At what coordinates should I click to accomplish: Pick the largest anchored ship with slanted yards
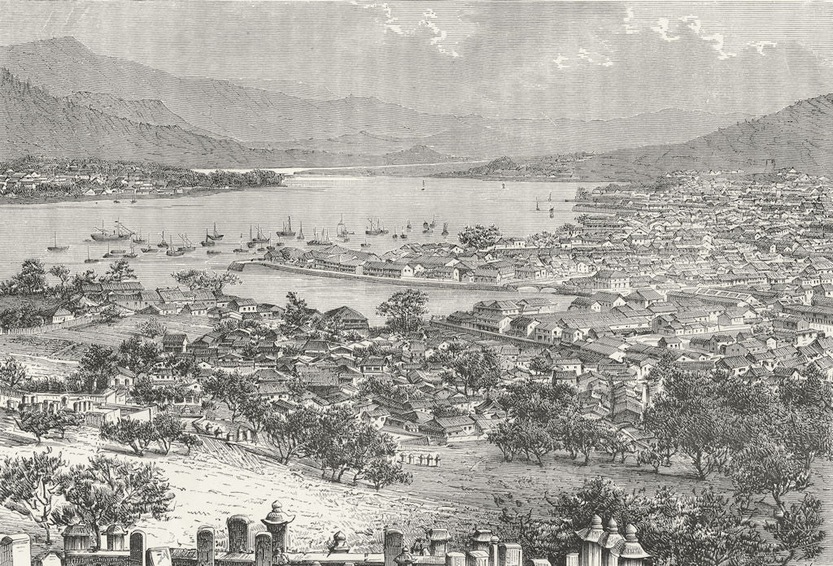(x=111, y=233)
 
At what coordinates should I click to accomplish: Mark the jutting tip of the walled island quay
(x=236, y=266)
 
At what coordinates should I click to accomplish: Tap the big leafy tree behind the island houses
(x=479, y=237)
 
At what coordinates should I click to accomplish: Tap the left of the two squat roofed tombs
(x=78, y=537)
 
